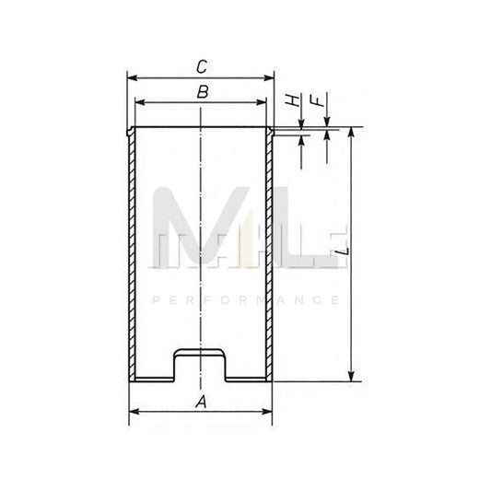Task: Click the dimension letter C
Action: coord(202,66)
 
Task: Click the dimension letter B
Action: coord(203,92)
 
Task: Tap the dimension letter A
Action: coord(202,402)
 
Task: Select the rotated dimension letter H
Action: coord(293,100)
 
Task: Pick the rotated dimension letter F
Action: coord(318,101)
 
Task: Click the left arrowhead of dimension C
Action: coord(133,77)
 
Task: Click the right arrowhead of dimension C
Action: coord(269,77)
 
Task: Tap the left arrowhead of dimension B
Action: coord(140,102)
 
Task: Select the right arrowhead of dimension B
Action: coord(261,102)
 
